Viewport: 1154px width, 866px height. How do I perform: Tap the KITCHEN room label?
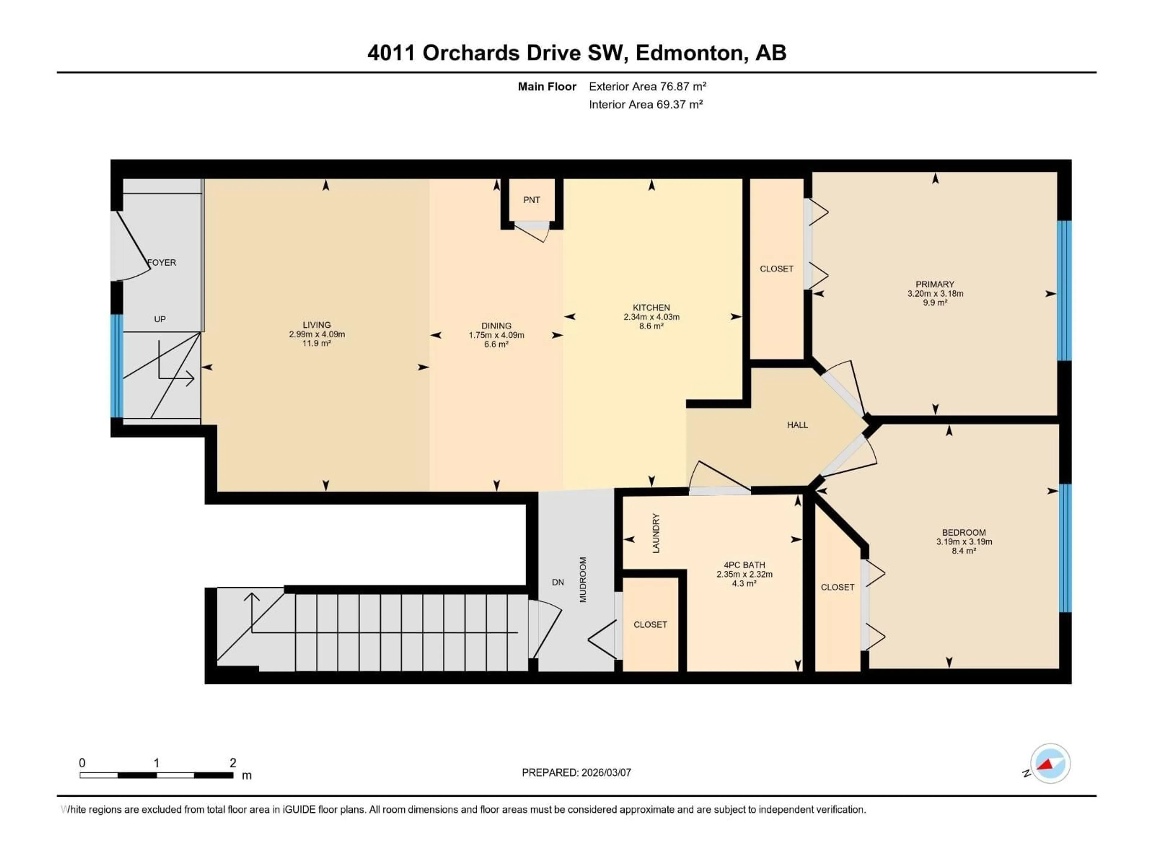(651, 307)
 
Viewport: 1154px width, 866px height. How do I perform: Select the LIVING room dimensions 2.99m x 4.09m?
(317, 334)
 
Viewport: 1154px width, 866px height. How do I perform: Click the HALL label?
(797, 425)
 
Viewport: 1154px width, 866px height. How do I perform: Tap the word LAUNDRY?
(656, 533)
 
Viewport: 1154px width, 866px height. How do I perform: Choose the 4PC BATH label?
(744, 565)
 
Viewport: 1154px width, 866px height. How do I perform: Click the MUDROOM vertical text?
(583, 579)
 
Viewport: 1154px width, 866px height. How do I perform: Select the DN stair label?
(558, 582)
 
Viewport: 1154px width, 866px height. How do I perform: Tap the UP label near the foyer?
(160, 319)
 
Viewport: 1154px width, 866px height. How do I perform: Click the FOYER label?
(162, 263)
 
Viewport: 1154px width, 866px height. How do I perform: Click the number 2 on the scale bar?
(233, 763)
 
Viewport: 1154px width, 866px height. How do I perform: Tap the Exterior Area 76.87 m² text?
(647, 87)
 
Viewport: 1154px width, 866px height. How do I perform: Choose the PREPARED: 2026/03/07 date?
(576, 772)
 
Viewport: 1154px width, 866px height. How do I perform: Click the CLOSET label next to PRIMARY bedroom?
(776, 269)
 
